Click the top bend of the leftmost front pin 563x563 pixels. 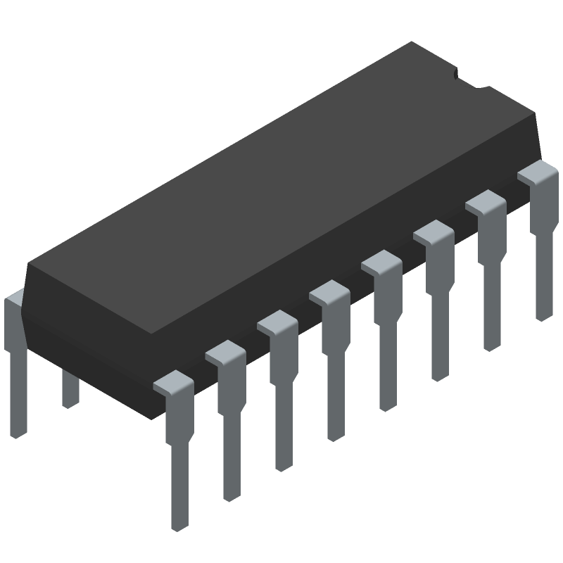(172, 384)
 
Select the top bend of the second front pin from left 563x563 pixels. (224, 353)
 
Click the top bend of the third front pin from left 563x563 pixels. (277, 322)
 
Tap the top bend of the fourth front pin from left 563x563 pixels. (329, 292)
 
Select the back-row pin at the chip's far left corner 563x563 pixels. (15, 366)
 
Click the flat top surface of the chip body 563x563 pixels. (281, 176)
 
